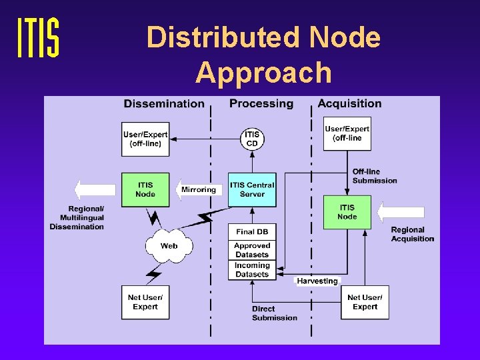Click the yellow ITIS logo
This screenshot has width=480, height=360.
coord(38,38)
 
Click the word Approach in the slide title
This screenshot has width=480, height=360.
coord(263,72)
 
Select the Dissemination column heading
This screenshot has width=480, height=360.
coord(164,103)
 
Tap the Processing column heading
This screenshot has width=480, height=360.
coord(261,103)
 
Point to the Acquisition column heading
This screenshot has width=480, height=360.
coord(349,103)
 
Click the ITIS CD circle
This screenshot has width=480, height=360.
coord(252,139)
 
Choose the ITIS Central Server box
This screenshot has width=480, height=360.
coord(252,189)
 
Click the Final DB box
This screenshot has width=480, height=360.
coord(252,231)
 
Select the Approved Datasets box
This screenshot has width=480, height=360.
coord(252,250)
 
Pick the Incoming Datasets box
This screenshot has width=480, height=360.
coord(252,269)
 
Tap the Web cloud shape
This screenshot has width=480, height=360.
coord(169,245)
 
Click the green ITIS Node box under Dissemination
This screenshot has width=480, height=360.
coord(145,189)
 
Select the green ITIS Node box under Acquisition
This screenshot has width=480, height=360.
coord(347,212)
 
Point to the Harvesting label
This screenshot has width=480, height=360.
coord(317,281)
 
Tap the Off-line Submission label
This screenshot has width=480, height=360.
coord(374,176)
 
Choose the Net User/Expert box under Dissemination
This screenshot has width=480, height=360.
coord(145,302)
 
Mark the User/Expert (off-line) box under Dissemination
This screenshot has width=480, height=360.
coord(145,139)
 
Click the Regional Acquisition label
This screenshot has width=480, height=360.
coord(412,234)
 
